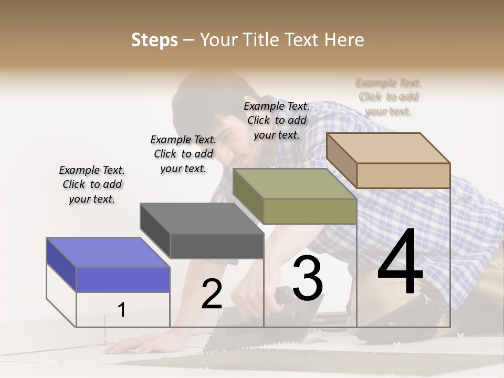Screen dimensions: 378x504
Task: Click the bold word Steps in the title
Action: (x=154, y=40)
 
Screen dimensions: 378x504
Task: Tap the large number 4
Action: (x=400, y=262)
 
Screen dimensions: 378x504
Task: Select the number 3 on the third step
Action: (x=308, y=278)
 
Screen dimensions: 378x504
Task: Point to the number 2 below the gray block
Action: (x=212, y=294)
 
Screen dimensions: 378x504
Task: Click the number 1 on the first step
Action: (x=122, y=310)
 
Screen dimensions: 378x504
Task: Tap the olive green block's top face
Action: (x=294, y=184)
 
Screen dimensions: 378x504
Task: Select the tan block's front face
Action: (x=403, y=175)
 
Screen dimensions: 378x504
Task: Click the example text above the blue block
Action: (x=92, y=184)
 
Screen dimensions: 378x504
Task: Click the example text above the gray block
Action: (x=183, y=154)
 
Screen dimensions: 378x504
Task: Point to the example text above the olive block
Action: (x=277, y=120)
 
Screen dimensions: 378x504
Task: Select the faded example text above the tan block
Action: (x=388, y=97)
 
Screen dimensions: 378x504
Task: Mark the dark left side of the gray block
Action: (x=155, y=231)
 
